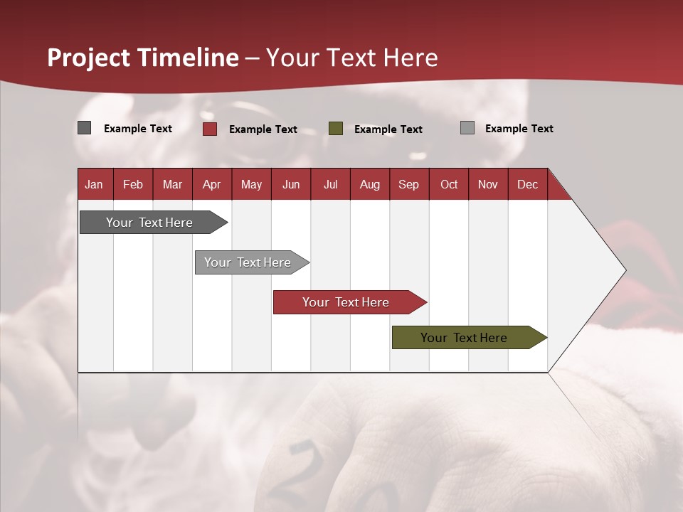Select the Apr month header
(212, 184)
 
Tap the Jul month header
(331, 184)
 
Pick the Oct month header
(449, 184)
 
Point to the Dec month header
(528, 184)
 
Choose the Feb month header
(133, 184)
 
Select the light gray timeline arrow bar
(252, 262)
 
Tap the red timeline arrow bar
(350, 302)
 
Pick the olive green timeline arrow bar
(470, 337)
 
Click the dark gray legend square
(84, 127)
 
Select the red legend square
(210, 129)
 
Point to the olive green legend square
(335, 129)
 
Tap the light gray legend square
(467, 127)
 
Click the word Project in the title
(88, 58)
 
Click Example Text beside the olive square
(388, 129)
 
